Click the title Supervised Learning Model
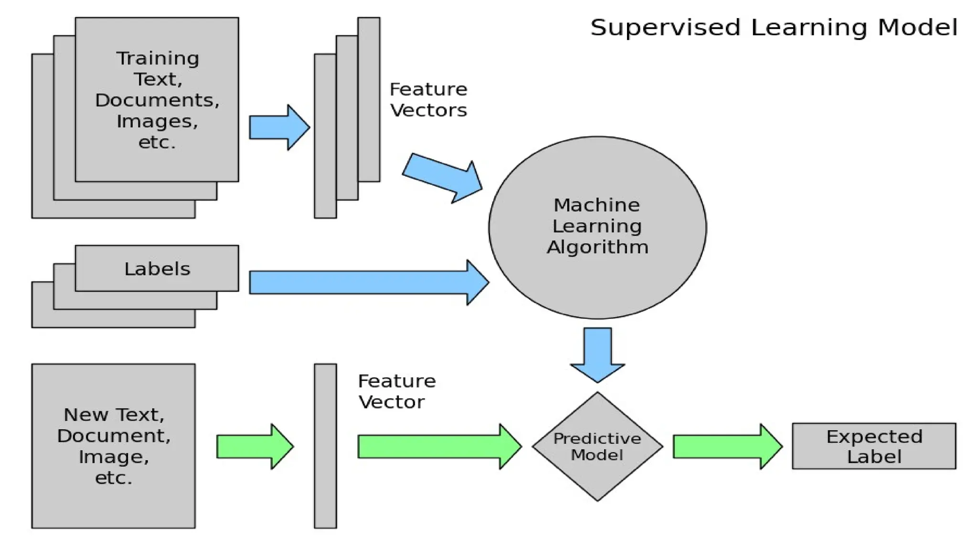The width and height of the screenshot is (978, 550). [x=774, y=28]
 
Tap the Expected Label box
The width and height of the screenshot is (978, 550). [x=874, y=446]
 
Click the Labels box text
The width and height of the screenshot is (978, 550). [x=157, y=269]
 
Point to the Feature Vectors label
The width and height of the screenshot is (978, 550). [x=428, y=100]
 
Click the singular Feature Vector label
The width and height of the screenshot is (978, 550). [x=396, y=391]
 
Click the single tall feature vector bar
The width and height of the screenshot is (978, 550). [x=325, y=446]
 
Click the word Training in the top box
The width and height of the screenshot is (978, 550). [x=158, y=58]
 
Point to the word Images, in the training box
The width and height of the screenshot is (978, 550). [x=157, y=121]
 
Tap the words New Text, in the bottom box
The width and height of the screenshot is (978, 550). [x=114, y=414]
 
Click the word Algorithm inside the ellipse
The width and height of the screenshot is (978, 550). [x=597, y=247]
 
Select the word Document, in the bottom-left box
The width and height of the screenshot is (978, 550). [x=114, y=435]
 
